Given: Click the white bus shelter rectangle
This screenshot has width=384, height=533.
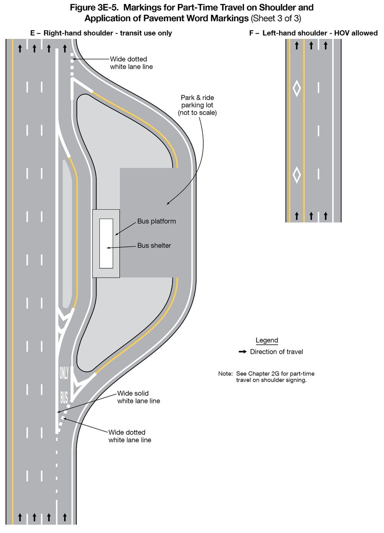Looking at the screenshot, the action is tap(106, 243).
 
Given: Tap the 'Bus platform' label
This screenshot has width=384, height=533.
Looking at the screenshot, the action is tap(156, 221).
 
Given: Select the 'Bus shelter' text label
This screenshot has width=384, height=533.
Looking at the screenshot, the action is tap(154, 245).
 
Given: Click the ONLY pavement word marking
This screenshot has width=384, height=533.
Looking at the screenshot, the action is tap(64, 373).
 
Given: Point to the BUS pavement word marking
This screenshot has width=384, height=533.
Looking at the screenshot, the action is tap(64, 397).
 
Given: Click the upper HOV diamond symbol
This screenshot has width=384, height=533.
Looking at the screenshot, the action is tap(297, 89).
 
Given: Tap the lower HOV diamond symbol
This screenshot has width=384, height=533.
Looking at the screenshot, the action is tap(297, 175).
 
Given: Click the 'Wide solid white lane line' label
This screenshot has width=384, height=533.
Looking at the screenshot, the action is tap(138, 397).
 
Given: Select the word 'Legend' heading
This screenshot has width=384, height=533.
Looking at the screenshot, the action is tap(267, 340).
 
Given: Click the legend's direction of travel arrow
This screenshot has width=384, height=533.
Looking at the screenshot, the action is tap(243, 352).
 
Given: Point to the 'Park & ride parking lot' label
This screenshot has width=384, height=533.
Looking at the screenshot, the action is tap(197, 105).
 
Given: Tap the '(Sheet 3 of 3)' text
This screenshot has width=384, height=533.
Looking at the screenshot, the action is tap(276, 19).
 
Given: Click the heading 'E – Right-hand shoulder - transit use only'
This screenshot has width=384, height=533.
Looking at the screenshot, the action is tap(101, 33).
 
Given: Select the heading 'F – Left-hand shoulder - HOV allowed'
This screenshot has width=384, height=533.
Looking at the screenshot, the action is tap(313, 33).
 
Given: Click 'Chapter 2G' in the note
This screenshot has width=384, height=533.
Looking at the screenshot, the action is tap(263, 374).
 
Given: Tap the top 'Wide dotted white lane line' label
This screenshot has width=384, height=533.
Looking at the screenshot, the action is tap(131, 63).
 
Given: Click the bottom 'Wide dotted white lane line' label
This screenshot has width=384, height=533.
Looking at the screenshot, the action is tap(130, 436).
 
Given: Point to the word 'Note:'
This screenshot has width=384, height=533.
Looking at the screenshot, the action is tap(225, 374).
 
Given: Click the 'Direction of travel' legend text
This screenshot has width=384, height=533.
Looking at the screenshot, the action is tap(276, 352).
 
